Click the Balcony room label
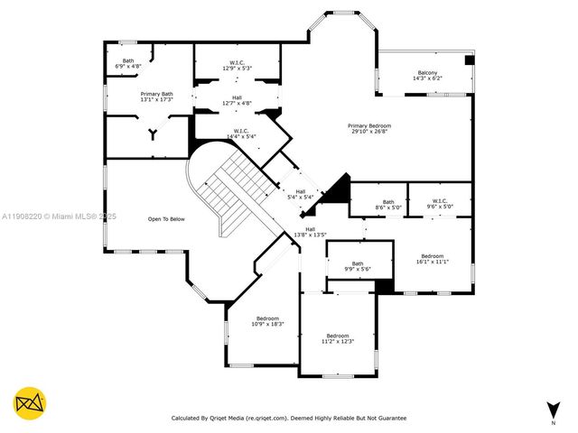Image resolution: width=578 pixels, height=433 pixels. tap(427, 76)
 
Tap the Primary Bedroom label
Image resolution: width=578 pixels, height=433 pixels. tap(370, 128)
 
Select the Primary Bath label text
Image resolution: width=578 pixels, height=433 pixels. tap(156, 97)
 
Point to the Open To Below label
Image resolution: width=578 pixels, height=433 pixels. tap(166, 219)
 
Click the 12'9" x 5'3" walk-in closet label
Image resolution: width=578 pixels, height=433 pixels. tap(237, 65)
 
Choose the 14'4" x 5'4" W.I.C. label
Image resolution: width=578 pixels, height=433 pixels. tap(240, 134)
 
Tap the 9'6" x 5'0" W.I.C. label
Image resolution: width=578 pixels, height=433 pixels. tap(440, 204)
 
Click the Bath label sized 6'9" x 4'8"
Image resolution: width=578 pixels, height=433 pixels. tap(128, 64)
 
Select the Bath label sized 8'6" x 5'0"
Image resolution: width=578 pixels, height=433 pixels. tap(388, 205)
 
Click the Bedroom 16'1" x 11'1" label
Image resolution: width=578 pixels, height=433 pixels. tap(433, 259)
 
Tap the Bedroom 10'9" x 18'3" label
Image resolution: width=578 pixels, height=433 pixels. tap(267, 321)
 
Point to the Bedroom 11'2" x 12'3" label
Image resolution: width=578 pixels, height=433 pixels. tap(337, 338)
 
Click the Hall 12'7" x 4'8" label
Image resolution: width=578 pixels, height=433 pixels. tap(237, 100)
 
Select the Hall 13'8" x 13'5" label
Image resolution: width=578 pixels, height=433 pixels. tap(311, 233)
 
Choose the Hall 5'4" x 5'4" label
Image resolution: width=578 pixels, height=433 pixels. tap(299, 194)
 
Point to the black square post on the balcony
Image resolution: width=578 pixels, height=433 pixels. tap(469, 60)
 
